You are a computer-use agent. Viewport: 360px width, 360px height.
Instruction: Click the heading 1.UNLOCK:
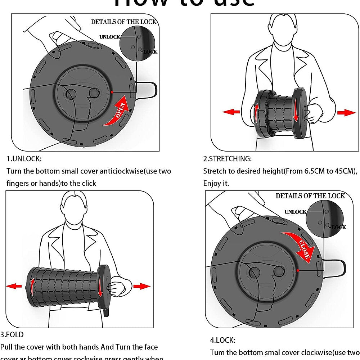coord(24,159)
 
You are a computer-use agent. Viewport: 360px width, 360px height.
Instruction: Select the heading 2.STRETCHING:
coord(228,159)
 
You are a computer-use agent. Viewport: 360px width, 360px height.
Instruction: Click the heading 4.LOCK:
coord(222,340)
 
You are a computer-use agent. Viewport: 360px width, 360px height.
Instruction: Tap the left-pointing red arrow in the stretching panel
coord(231,112)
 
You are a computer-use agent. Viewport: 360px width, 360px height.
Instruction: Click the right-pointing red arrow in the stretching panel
coord(347,112)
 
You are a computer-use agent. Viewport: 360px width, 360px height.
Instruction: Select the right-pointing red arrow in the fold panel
coord(142,286)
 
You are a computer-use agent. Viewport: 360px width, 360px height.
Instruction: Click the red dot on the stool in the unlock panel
coord(112,92)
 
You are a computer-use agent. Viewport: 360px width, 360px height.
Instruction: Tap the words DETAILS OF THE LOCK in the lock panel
coord(310,196)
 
